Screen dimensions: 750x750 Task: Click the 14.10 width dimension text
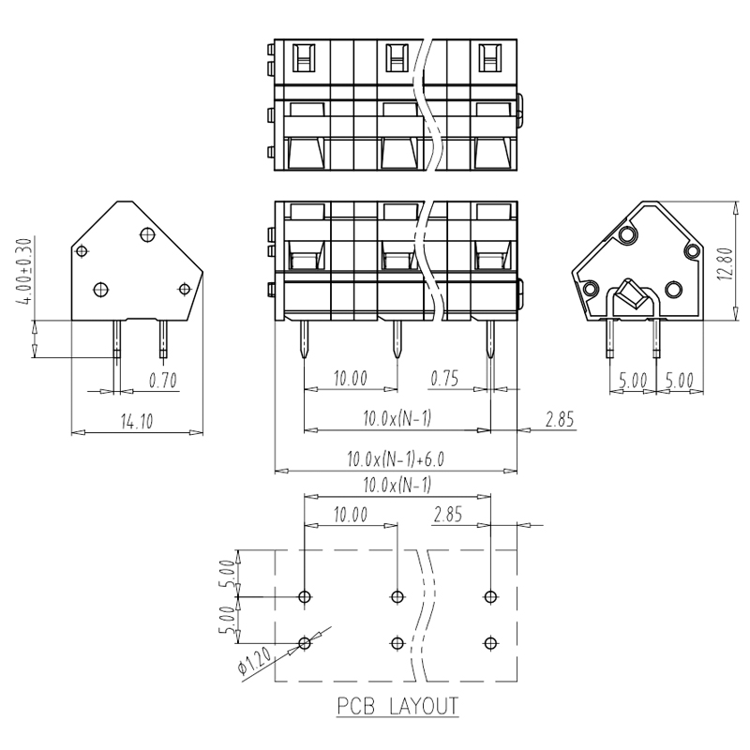(x=137, y=421)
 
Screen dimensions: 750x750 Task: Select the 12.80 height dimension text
(x=725, y=263)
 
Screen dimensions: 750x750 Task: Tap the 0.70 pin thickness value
(x=162, y=381)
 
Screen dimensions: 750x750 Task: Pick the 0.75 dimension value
(x=444, y=379)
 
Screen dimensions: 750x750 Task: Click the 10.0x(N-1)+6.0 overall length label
(x=396, y=459)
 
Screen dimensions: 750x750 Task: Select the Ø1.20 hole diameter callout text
(x=255, y=660)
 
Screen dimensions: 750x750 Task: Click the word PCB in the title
(x=356, y=707)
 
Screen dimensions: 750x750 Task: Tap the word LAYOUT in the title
(x=424, y=707)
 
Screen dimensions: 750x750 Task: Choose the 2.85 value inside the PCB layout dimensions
(x=448, y=515)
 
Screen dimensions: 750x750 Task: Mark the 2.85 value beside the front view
(x=560, y=419)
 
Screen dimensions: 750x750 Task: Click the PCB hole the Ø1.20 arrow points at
(x=304, y=643)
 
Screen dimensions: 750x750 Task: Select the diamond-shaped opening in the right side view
(x=632, y=293)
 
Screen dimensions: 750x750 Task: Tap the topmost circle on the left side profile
(x=148, y=234)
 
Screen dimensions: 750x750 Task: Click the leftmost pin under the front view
(x=304, y=339)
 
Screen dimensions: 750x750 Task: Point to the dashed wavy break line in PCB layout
(x=425, y=615)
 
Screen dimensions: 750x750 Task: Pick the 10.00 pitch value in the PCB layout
(x=351, y=515)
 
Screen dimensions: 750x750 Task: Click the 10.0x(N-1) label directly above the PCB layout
(x=397, y=485)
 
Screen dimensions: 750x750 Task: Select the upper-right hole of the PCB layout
(x=490, y=597)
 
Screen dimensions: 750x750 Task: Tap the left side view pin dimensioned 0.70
(x=116, y=339)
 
